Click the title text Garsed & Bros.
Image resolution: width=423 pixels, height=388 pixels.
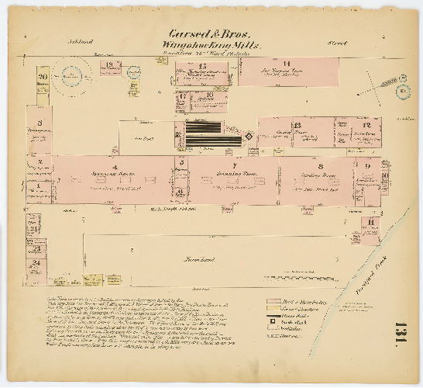click(211, 35)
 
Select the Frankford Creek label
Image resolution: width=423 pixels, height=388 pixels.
click(383, 264)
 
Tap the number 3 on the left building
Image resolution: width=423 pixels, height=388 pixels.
click(39, 123)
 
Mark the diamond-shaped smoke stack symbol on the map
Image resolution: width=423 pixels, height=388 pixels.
click(248, 137)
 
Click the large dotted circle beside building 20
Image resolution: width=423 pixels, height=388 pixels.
click(73, 77)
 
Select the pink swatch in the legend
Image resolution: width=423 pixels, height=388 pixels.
click(272, 300)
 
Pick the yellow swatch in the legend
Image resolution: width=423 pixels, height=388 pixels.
click(272, 308)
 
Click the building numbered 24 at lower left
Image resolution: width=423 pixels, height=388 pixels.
click(36, 264)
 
